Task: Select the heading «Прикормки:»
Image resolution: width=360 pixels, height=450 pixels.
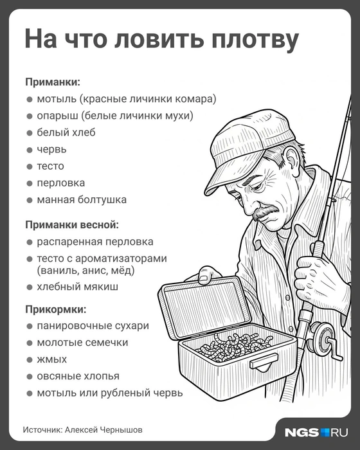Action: pos(55,309)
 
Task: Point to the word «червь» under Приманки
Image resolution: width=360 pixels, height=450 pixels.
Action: pos(52,149)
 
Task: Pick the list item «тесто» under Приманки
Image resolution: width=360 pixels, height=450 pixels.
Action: pos(50,166)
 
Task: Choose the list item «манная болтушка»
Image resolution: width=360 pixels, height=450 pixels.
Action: pos(82,199)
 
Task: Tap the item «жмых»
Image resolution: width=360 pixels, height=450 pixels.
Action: pos(51,359)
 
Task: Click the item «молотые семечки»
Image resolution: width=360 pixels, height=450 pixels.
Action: pos(82,342)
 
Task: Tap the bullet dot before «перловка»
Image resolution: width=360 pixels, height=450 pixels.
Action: pos(30,183)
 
